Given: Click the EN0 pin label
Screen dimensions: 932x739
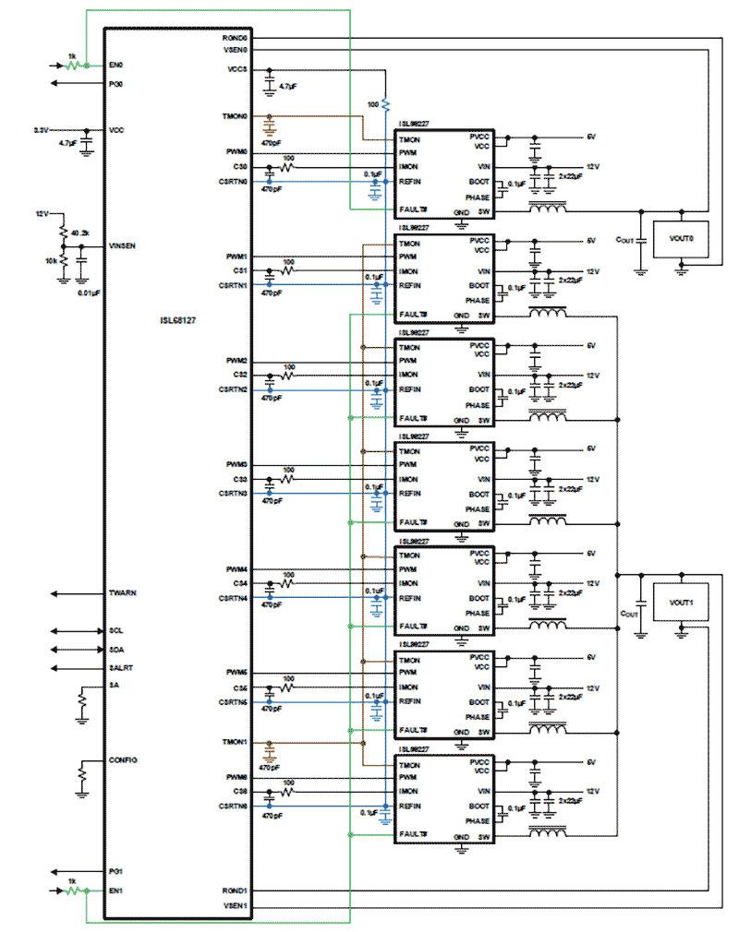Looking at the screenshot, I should click(116, 66).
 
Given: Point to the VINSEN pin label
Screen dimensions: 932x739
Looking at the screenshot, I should click(123, 246).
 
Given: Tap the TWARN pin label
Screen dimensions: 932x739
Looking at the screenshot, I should click(123, 592).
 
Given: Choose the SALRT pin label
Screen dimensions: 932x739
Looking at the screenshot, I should click(121, 667).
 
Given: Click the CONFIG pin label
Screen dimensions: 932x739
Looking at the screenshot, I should click(123, 759).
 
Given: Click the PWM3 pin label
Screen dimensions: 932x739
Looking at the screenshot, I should click(236, 464).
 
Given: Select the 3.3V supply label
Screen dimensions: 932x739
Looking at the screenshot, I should click(42, 129).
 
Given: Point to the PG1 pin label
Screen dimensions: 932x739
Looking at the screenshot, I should click(116, 871).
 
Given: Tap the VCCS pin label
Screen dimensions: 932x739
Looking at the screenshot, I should click(236, 69).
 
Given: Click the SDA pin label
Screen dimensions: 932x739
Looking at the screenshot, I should click(116, 649).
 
